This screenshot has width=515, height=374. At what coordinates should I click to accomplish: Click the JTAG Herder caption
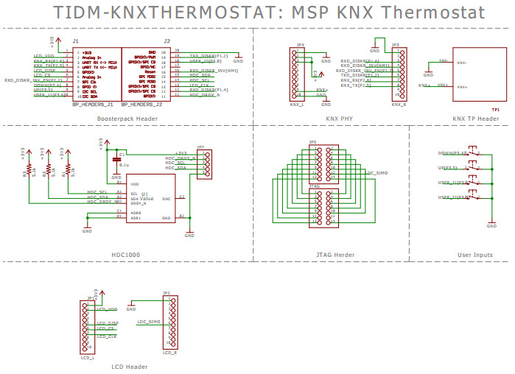[335, 254]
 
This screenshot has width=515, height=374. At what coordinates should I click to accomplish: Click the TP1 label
[496, 109]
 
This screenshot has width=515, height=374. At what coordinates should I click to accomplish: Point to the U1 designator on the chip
[145, 194]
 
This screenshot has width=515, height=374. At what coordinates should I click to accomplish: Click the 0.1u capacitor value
[125, 166]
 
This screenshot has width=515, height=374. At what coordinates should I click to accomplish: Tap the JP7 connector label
[200, 147]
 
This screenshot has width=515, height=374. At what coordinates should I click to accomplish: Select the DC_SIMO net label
[378, 172]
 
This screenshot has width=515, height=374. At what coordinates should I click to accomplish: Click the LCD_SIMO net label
[149, 321]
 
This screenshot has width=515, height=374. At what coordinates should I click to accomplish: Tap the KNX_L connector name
[296, 105]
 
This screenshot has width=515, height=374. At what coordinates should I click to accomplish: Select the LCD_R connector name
[170, 353]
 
